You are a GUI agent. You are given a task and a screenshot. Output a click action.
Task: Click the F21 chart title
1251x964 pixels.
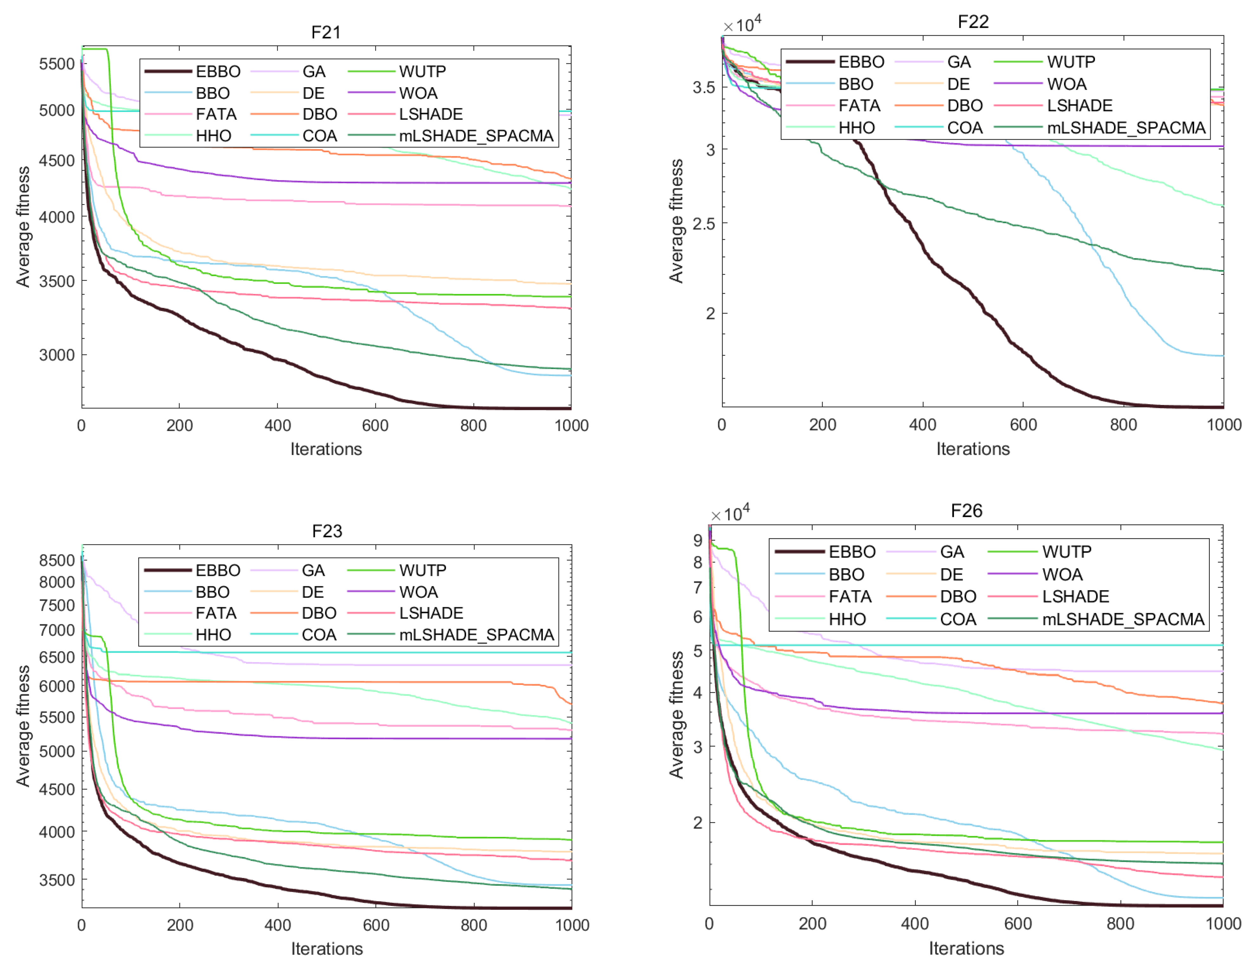(x=326, y=32)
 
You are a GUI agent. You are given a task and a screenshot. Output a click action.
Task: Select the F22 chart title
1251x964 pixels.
(x=973, y=22)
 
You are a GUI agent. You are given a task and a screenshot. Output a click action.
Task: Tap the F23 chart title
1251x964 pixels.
(x=327, y=531)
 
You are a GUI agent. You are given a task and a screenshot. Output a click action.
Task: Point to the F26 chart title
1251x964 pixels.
(x=966, y=510)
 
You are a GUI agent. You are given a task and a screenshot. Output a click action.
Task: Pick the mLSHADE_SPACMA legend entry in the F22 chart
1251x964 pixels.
(x=1100, y=127)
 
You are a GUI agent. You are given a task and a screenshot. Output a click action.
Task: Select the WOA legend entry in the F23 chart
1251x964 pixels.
(x=392, y=592)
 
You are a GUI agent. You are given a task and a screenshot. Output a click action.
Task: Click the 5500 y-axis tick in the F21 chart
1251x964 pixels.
(x=57, y=63)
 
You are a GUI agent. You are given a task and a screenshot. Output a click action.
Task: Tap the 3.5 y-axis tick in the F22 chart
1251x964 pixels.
(x=703, y=88)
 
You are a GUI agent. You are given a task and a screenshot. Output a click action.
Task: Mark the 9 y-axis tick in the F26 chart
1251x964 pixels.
(x=698, y=540)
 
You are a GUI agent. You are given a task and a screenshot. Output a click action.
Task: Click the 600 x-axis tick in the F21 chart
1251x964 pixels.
(x=375, y=426)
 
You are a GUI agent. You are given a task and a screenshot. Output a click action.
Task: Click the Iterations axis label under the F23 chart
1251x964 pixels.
(x=327, y=948)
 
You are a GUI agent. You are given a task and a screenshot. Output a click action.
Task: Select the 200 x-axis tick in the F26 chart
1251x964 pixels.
(x=812, y=923)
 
